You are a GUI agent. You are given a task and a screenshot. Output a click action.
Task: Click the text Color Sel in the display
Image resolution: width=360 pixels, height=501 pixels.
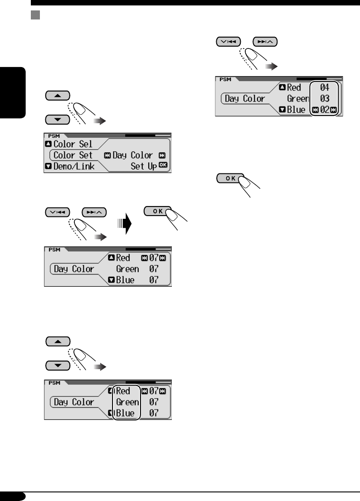pyautogui.click(x=73, y=144)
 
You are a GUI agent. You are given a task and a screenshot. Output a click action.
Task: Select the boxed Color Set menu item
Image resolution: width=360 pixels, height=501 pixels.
pyautogui.click(x=73, y=155)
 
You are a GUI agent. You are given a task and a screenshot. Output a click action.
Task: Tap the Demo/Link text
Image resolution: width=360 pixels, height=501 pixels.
pyautogui.click(x=74, y=166)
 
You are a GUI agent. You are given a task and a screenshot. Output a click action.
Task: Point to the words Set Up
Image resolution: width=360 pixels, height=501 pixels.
pyautogui.click(x=143, y=166)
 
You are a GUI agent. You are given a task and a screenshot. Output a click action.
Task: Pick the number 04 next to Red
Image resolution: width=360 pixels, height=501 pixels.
pyautogui.click(x=325, y=88)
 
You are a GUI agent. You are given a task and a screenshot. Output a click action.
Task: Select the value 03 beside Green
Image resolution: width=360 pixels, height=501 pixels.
pyautogui.click(x=325, y=99)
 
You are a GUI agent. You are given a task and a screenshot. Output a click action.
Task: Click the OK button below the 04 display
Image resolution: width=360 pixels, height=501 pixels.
pyautogui.click(x=230, y=178)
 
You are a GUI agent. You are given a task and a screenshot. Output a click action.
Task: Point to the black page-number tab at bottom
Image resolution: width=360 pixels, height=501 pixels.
pyautogui.click(x=13, y=496)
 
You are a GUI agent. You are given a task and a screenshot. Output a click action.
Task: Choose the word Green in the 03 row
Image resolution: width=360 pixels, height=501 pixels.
pyautogui.click(x=298, y=99)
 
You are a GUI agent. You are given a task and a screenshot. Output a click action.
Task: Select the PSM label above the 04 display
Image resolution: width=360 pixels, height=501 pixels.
pyautogui.click(x=225, y=79)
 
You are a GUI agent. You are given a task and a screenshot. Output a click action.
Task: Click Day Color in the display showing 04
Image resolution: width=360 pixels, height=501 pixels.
pyautogui.click(x=245, y=99)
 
